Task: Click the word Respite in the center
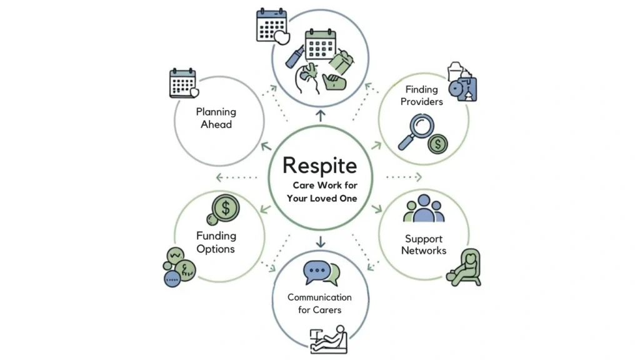(x=320, y=165)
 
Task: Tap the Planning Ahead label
(x=216, y=118)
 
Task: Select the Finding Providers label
(x=421, y=96)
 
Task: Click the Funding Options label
(x=216, y=242)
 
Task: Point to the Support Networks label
(x=424, y=244)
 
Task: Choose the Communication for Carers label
(x=319, y=303)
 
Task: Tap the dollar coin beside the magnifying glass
(x=437, y=145)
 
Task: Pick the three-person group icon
(x=424, y=209)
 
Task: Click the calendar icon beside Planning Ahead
(x=183, y=84)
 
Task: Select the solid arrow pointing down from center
(x=321, y=241)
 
